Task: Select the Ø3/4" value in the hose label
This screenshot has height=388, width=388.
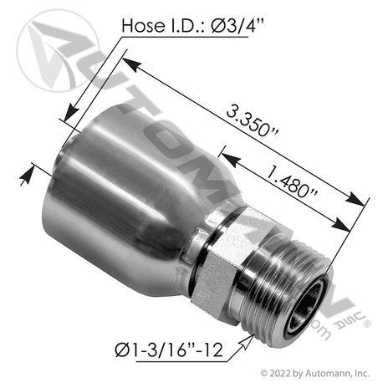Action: pos(237,26)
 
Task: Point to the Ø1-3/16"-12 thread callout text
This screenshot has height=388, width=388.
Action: pos(169,350)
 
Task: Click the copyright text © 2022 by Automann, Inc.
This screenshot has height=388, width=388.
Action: pos(315,373)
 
